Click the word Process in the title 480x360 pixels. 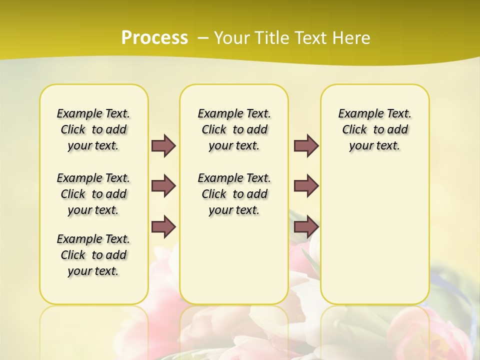pos(154,38)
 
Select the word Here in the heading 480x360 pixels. pos(351,38)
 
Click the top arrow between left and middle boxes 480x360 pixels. pos(163,145)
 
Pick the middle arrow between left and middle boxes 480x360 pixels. pos(163,185)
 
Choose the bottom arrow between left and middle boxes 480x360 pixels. pos(163,226)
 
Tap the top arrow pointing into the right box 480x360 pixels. pos(306,145)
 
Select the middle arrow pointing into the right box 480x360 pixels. pos(306,185)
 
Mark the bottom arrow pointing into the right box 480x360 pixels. pos(306,226)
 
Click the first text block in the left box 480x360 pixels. pos(93,129)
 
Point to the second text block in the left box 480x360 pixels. pos(93,194)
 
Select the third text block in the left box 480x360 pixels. pos(93,255)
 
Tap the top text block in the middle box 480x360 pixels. pos(234,129)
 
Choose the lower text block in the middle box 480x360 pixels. pos(234,194)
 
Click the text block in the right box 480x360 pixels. pos(375,129)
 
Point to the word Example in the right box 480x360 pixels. pos(357,114)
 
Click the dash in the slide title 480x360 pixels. pos(203,38)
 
